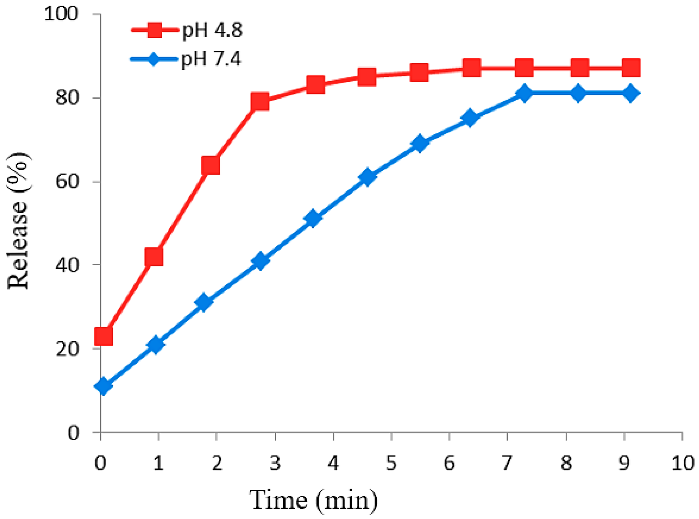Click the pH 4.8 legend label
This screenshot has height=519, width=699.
click(x=212, y=31)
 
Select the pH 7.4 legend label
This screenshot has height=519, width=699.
click(x=211, y=59)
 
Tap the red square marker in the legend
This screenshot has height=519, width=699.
click(x=155, y=30)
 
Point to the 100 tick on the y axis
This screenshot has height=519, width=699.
click(x=61, y=14)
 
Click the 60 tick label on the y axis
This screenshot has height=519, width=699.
click(x=67, y=182)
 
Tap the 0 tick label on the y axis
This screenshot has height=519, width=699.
click(x=73, y=433)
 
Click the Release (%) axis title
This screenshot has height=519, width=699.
click(x=18, y=221)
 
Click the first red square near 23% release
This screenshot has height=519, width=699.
click(x=104, y=336)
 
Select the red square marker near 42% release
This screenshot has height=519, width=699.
click(x=154, y=257)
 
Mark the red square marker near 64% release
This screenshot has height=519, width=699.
click(x=211, y=165)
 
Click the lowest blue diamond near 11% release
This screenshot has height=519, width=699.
click(x=103, y=386)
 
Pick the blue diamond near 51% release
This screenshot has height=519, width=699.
click(x=313, y=218)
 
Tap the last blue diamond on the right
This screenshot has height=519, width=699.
click(x=631, y=93)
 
